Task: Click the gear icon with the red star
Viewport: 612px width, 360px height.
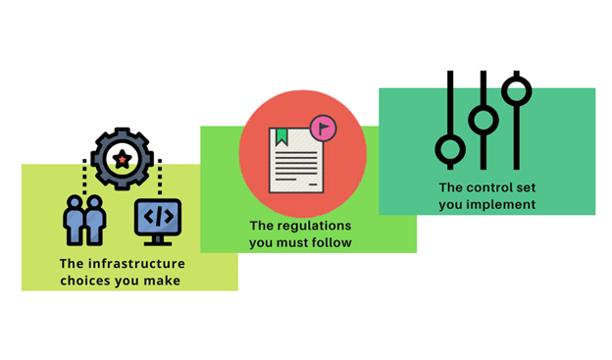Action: coord(122,158)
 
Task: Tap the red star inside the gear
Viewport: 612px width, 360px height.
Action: coord(122,159)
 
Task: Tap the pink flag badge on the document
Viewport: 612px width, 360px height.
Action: coord(322,127)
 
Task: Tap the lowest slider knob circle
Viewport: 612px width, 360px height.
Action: coord(450,150)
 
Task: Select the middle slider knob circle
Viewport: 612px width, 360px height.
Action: coord(483,121)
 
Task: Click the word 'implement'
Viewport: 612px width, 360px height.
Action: coord(501,204)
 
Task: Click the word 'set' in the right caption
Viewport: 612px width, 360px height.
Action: coord(523,187)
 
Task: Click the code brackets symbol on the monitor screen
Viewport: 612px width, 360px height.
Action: coord(157,215)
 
